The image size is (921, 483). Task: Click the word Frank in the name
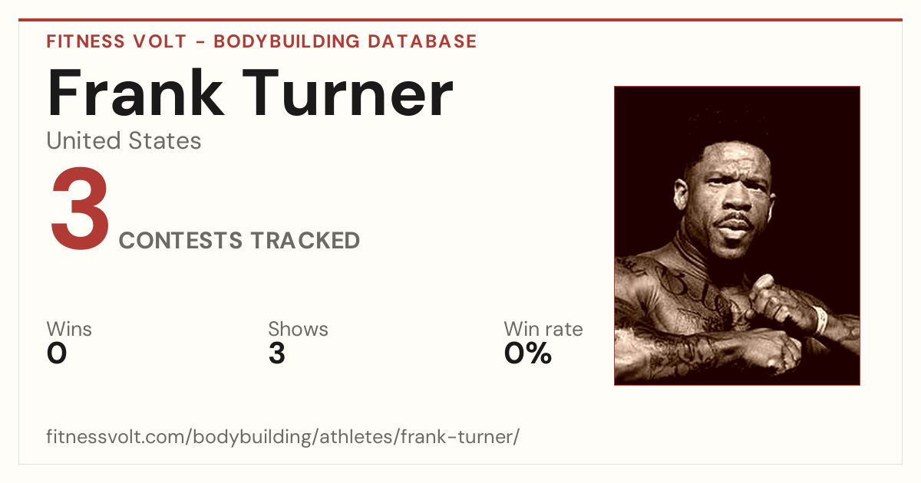(136, 93)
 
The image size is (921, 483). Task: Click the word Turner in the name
(348, 93)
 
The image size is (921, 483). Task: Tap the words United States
(124, 140)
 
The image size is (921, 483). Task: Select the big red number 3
(80, 208)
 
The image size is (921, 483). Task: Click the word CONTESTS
(180, 240)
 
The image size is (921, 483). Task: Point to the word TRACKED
(305, 240)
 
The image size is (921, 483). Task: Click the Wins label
(69, 329)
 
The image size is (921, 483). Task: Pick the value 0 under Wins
(57, 353)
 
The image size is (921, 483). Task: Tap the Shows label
(298, 329)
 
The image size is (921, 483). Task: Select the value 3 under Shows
(277, 353)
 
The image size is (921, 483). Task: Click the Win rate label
(543, 329)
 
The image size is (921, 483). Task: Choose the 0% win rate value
(528, 353)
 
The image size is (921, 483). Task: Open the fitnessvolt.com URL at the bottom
(283, 436)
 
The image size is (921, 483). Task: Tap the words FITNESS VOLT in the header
(117, 41)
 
